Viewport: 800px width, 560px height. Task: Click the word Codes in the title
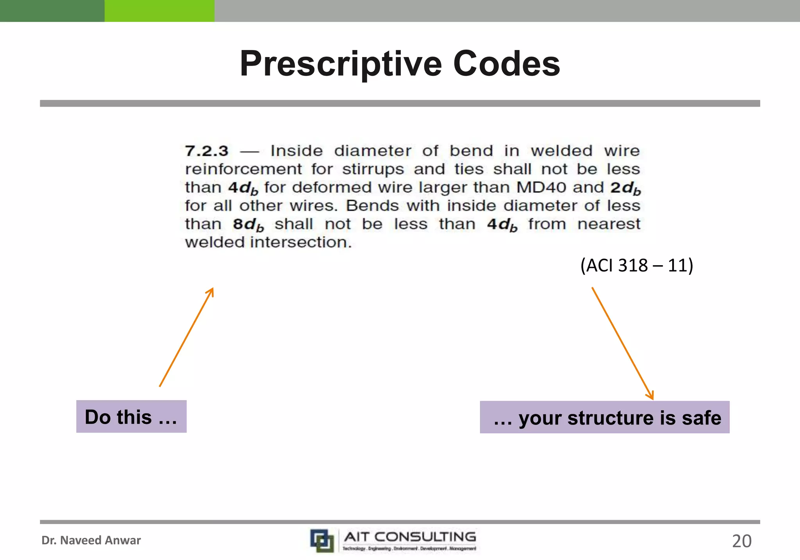(x=507, y=64)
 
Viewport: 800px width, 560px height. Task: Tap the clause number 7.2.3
(x=207, y=151)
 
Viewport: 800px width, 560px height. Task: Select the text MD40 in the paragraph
(x=541, y=187)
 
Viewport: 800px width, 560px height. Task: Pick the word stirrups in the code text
(x=373, y=169)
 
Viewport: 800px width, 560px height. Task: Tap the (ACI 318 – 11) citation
(x=636, y=266)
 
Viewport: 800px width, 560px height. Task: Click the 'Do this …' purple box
(x=131, y=417)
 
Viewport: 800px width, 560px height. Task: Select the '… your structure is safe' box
(x=604, y=417)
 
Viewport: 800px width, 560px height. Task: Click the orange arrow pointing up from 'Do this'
(x=186, y=337)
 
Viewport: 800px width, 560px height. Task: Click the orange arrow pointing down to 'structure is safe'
(x=622, y=343)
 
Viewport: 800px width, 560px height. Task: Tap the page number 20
(x=741, y=541)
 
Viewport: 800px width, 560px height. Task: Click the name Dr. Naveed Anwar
(x=91, y=540)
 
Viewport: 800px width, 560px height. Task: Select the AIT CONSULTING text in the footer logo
(x=410, y=537)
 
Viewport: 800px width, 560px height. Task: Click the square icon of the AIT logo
(x=322, y=541)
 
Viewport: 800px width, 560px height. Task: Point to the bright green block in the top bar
(x=159, y=11)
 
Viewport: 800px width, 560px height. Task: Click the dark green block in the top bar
(x=52, y=11)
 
